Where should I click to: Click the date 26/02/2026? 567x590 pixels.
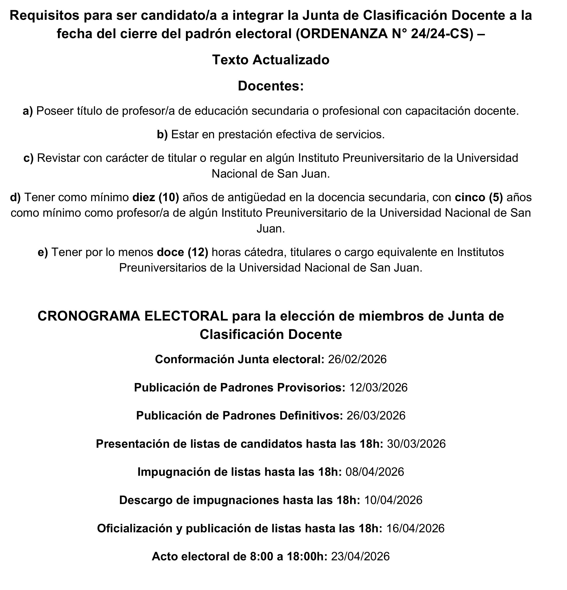pyautogui.click(x=357, y=359)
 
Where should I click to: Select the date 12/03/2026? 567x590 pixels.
pyautogui.click(x=378, y=388)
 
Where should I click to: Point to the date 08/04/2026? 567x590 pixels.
pyautogui.click(x=374, y=472)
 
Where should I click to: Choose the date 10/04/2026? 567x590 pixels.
pyautogui.click(x=393, y=500)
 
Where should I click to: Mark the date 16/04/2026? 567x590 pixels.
pyautogui.click(x=415, y=529)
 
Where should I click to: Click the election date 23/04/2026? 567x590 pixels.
pyautogui.click(x=360, y=557)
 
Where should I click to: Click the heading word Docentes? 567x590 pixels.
pyautogui.click(x=271, y=86)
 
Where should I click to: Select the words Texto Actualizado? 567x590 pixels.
pyautogui.click(x=271, y=60)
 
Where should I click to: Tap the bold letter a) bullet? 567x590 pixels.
pyautogui.click(x=28, y=111)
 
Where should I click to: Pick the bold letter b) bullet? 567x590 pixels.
pyautogui.click(x=162, y=134)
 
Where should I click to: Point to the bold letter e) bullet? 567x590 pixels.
pyautogui.click(x=43, y=252)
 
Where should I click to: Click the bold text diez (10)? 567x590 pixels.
pyautogui.click(x=156, y=197)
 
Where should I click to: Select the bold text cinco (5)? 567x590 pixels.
pyautogui.click(x=479, y=197)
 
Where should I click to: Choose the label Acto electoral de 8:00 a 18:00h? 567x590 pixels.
pyautogui.click(x=239, y=557)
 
